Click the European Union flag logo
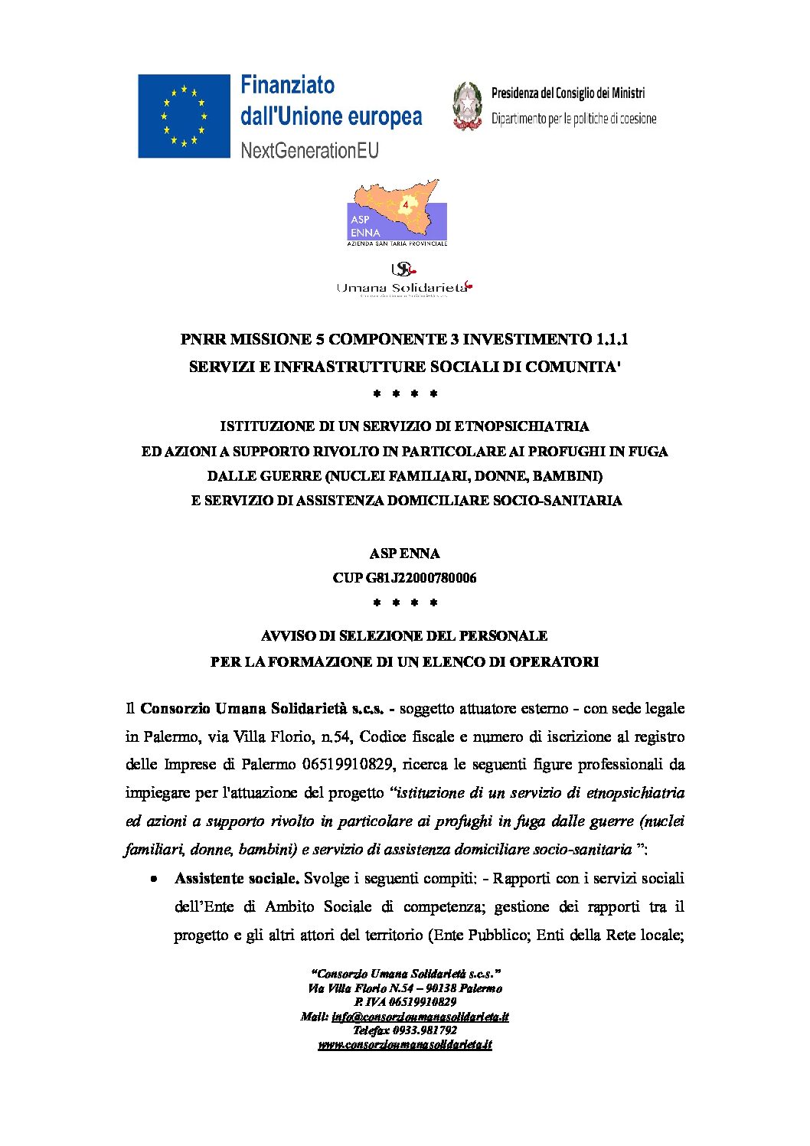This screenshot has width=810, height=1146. [184, 116]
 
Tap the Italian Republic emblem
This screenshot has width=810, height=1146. [466, 106]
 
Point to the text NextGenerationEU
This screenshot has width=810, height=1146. [309, 150]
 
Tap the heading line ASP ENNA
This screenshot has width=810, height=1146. [404, 553]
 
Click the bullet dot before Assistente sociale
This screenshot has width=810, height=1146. [155, 880]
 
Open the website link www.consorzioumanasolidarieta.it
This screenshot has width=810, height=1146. [405, 1044]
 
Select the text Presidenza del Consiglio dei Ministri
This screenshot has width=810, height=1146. [567, 93]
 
